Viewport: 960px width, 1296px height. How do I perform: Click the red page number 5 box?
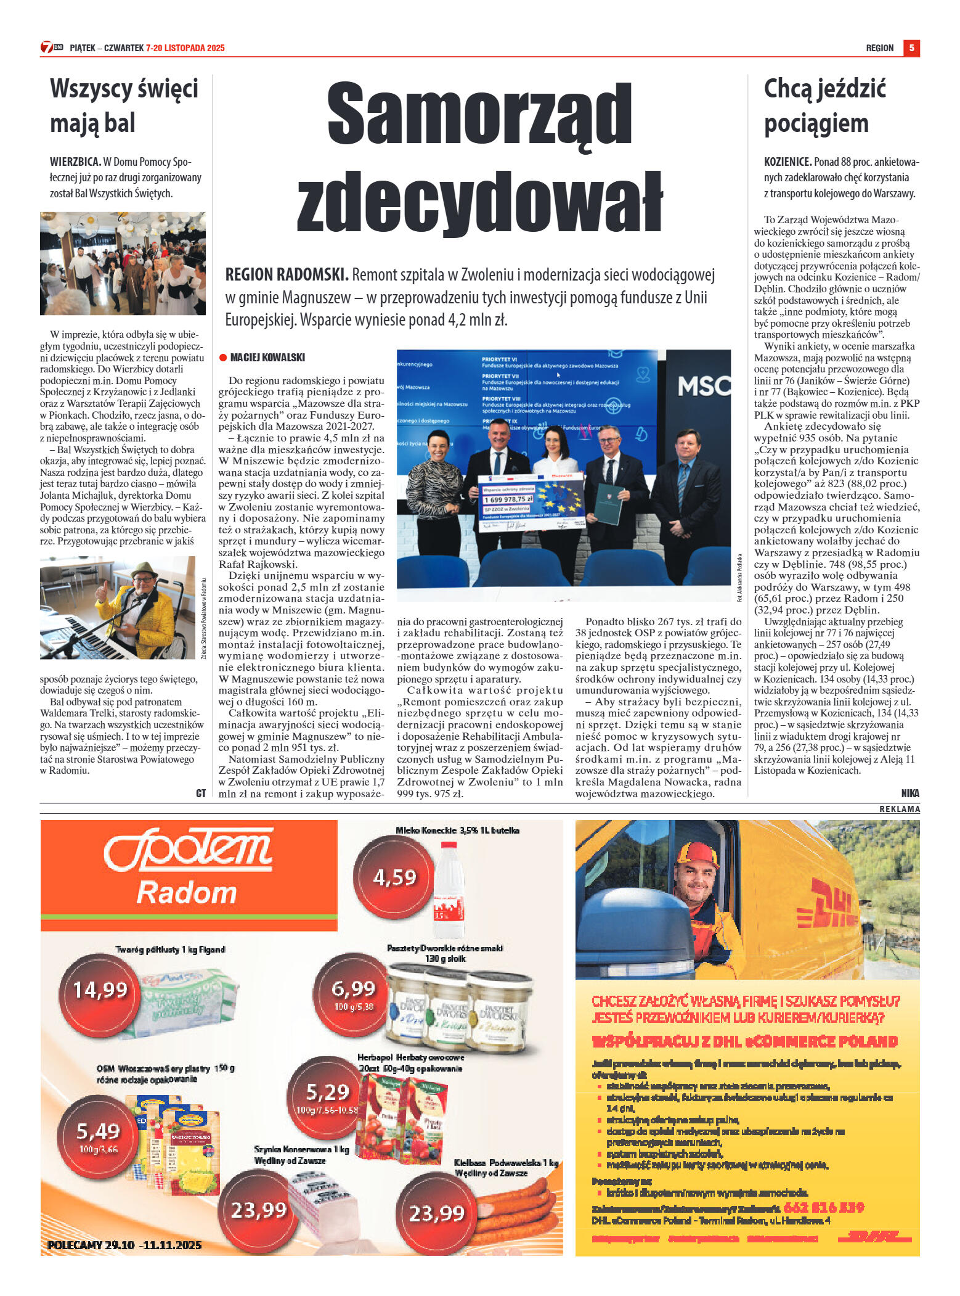[x=911, y=48]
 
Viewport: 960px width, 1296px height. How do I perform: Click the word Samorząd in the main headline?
[x=479, y=115]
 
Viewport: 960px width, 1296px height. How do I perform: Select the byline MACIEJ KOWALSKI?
[x=267, y=358]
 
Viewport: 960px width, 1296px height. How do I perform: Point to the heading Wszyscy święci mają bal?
[x=124, y=105]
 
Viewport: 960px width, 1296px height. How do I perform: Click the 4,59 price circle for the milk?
[x=394, y=877]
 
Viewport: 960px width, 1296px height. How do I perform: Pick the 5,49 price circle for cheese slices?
[x=98, y=1133]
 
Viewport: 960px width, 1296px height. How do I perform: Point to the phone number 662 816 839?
[x=823, y=1207]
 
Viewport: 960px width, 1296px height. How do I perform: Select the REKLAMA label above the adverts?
[x=899, y=809]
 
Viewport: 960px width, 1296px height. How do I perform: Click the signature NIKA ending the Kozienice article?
[x=909, y=794]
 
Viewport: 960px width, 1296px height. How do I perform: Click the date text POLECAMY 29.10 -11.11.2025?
[x=124, y=1245]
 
